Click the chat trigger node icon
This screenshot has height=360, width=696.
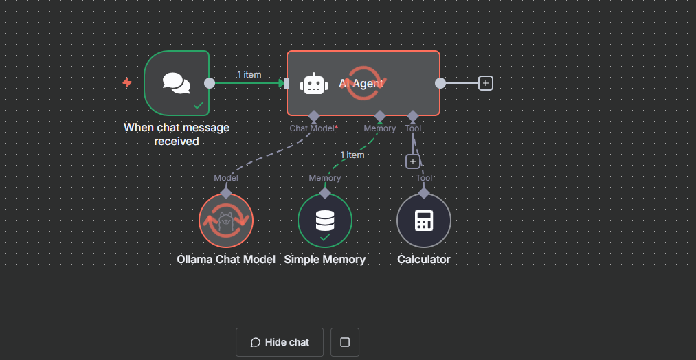pyautogui.click(x=177, y=83)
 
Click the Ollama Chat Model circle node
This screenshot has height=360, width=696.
pyautogui.click(x=226, y=221)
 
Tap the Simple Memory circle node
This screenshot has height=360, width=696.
pyautogui.click(x=325, y=221)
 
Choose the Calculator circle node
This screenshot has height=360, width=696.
pyautogui.click(x=424, y=221)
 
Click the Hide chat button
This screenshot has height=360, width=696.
pyautogui.click(x=280, y=342)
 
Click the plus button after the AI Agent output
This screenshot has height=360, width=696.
pyautogui.click(x=486, y=83)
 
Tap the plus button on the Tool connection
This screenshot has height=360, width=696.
pyautogui.click(x=412, y=161)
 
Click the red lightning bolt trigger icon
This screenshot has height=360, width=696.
pyautogui.click(x=127, y=83)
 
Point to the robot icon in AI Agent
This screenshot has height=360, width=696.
pyautogui.click(x=314, y=83)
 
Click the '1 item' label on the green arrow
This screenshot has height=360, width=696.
pyautogui.click(x=249, y=74)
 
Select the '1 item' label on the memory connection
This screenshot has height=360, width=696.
pyautogui.click(x=352, y=155)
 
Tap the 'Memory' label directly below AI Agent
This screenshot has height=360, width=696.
pyautogui.click(x=380, y=128)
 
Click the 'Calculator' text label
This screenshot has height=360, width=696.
pyautogui.click(x=424, y=260)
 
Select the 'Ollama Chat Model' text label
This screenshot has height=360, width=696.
pyautogui.click(x=226, y=260)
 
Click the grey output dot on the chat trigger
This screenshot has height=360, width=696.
pyautogui.click(x=210, y=83)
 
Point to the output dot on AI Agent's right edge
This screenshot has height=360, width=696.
pyautogui.click(x=440, y=83)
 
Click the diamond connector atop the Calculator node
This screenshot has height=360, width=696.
pyautogui.click(x=424, y=193)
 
